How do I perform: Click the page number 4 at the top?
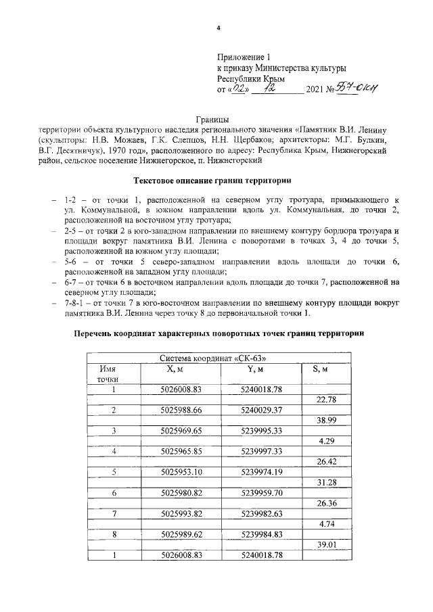(219, 28)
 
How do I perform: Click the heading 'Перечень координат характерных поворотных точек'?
(218, 333)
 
